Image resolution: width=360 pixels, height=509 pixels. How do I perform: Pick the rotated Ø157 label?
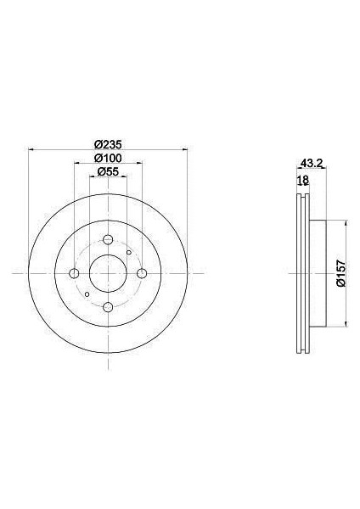pos(340,272)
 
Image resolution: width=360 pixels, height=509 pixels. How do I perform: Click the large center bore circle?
pos(108,272)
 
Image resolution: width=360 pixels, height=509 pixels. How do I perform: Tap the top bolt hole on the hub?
pos(108,238)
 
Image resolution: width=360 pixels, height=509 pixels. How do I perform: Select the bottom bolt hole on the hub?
pos(108,306)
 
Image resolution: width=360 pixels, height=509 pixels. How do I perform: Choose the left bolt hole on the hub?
pos(74,272)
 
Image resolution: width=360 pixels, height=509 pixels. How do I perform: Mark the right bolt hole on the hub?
pos(142,272)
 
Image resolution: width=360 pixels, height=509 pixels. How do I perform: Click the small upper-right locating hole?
pos(128,252)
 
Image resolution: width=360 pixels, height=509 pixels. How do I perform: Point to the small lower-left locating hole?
pos(87,294)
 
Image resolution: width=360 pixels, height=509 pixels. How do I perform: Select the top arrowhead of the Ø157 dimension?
pos(346,222)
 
